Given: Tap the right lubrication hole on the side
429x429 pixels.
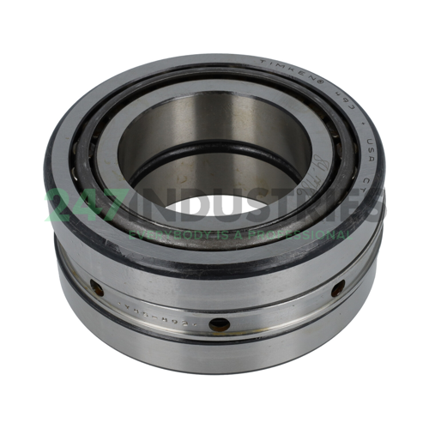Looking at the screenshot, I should (x=337, y=288).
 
